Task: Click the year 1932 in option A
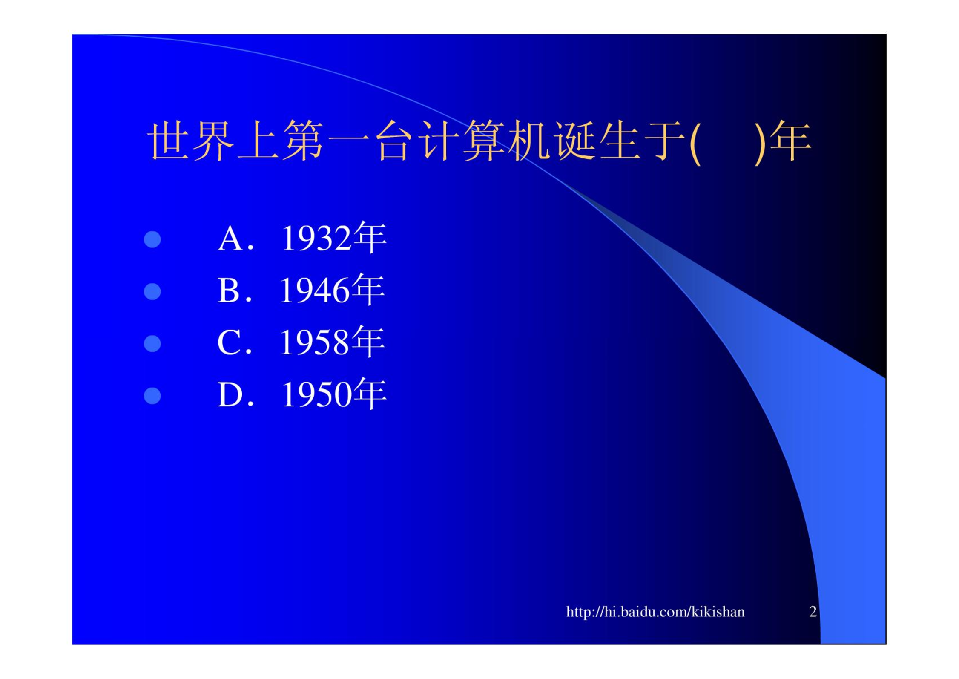[x=316, y=239]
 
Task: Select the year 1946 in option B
[x=315, y=291]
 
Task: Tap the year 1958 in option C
[x=315, y=342]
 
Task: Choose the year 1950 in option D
[x=316, y=394]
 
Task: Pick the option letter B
[x=229, y=291]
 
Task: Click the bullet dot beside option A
[x=152, y=239]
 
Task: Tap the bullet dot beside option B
[x=152, y=292]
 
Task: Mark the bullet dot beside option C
[x=152, y=344]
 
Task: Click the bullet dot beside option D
[x=152, y=396]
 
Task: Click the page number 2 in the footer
[x=813, y=612]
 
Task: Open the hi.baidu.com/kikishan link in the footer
[x=655, y=612]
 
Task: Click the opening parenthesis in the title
[x=695, y=143]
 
